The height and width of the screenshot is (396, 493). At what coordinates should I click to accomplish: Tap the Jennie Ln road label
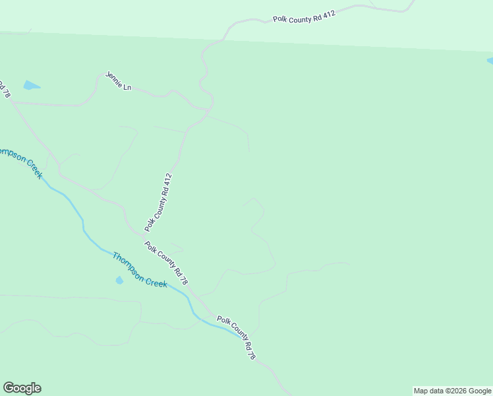coord(118,81)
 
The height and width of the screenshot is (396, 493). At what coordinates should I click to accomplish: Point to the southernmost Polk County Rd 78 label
coord(236,337)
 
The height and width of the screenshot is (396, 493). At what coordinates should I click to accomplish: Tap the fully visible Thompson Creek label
coord(139,269)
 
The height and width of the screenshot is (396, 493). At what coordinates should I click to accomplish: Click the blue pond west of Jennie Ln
coord(31,85)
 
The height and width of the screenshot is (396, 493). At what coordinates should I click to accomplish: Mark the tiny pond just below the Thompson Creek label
coord(119,280)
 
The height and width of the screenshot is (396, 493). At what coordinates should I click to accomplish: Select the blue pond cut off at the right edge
coord(490,61)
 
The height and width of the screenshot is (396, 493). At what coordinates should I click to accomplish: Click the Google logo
coord(22,388)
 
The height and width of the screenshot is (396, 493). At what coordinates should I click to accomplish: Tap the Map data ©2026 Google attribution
coord(452,391)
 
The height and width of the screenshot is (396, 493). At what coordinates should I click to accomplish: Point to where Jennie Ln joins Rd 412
coord(210,110)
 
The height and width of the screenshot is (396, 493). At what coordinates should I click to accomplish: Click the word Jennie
coord(114,79)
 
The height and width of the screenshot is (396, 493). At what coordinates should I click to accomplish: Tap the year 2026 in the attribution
coord(459,391)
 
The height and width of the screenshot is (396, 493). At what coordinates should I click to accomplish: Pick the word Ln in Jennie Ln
coord(127,86)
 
